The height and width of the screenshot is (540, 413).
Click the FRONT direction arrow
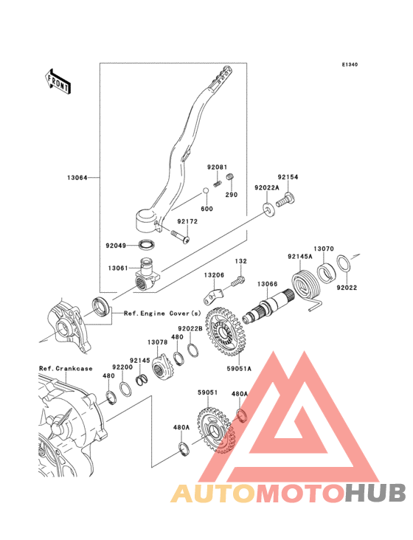tap(58, 82)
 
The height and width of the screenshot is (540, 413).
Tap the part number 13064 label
tap(77, 178)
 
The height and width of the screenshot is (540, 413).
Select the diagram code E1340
tap(350, 64)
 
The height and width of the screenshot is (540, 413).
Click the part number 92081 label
tap(217, 167)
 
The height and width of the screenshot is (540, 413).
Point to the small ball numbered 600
tap(205, 190)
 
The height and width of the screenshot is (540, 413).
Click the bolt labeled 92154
tap(286, 200)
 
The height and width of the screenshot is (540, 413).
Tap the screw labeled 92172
tap(180, 236)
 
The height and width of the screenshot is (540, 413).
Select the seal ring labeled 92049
tap(147, 245)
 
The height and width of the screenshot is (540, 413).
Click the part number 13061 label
tap(118, 268)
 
